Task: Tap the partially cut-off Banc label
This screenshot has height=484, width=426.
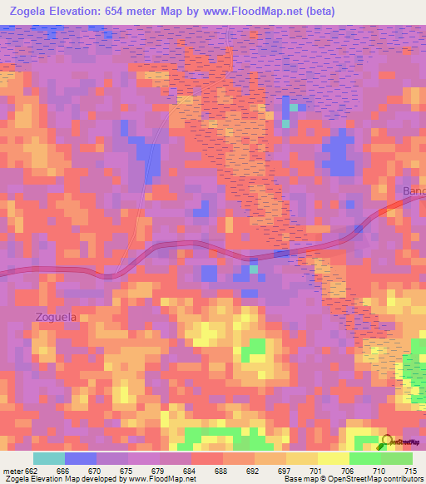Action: pyautogui.click(x=414, y=192)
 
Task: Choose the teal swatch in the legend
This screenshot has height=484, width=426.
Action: pyautogui.click(x=49, y=458)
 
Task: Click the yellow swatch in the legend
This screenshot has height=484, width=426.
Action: pyautogui.click(x=333, y=458)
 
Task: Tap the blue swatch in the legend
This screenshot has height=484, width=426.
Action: pyautogui.click(x=81, y=458)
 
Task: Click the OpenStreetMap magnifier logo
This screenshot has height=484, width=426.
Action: pyautogui.click(x=386, y=442)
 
